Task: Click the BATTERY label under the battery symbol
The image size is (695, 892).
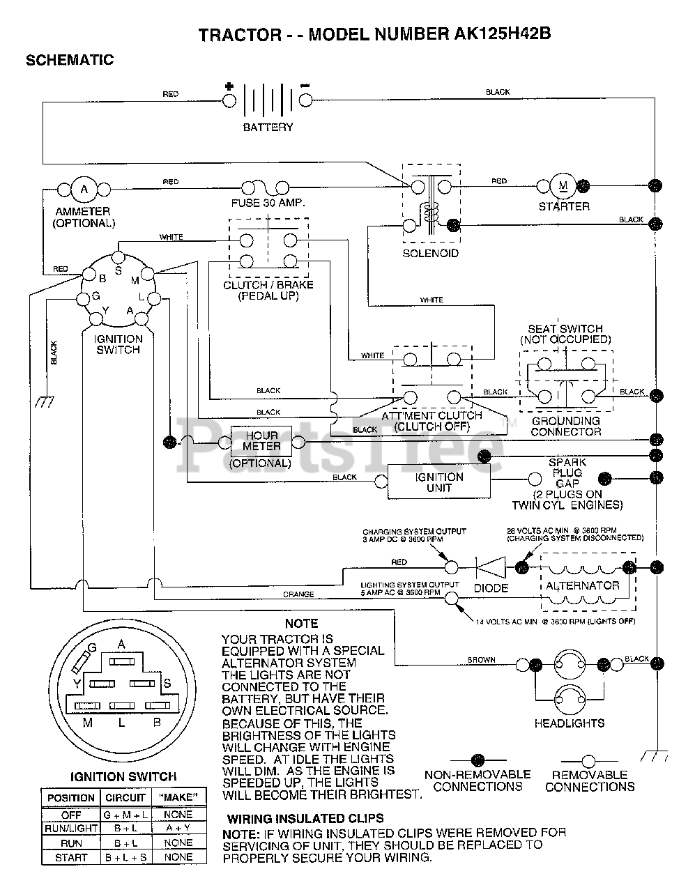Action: pyautogui.click(x=268, y=128)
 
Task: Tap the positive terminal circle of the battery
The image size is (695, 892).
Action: pyautogui.click(x=229, y=101)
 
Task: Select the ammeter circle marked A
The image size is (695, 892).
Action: pyautogui.click(x=84, y=190)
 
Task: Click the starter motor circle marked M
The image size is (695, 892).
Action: pyautogui.click(x=563, y=186)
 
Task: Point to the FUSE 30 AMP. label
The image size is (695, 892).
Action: pyautogui.click(x=268, y=203)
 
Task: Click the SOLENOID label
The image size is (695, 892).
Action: pyautogui.click(x=430, y=253)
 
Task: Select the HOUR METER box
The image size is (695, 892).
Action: pyautogui.click(x=261, y=441)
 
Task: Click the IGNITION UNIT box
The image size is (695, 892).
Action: pyautogui.click(x=439, y=482)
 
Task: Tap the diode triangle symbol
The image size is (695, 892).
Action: pyautogui.click(x=491, y=568)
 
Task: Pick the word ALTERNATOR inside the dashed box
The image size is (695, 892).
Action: pyautogui.click(x=583, y=586)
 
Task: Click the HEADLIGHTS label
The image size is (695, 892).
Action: pyautogui.click(x=570, y=723)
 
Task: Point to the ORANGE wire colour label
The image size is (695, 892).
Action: pyautogui.click(x=298, y=594)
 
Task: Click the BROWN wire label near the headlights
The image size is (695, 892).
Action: pyautogui.click(x=482, y=660)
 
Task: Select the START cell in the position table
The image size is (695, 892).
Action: pyautogui.click(x=71, y=858)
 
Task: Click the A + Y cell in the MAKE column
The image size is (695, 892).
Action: pyautogui.click(x=178, y=828)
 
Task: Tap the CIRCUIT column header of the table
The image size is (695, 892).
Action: pyautogui.click(x=125, y=798)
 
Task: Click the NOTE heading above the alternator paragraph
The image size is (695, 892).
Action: pyautogui.click(x=302, y=624)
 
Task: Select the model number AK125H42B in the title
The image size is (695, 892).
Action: pyautogui.click(x=502, y=33)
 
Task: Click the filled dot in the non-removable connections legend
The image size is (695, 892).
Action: pyautogui.click(x=478, y=760)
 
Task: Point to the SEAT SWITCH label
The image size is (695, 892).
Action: pyautogui.click(x=565, y=329)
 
